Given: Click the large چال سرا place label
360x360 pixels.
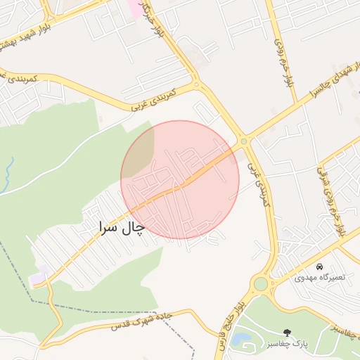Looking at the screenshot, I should point(120,228).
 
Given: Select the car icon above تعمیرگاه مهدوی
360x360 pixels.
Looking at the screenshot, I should point(320,267).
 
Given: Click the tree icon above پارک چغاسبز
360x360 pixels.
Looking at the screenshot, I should point(286,332).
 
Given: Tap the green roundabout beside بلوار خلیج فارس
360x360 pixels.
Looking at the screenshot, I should point(262,284).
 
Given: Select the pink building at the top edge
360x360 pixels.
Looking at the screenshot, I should point(133,8).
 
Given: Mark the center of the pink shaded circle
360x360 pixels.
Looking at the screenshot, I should point(180,179).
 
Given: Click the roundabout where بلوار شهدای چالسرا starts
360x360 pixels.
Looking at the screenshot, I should point(244,141).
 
